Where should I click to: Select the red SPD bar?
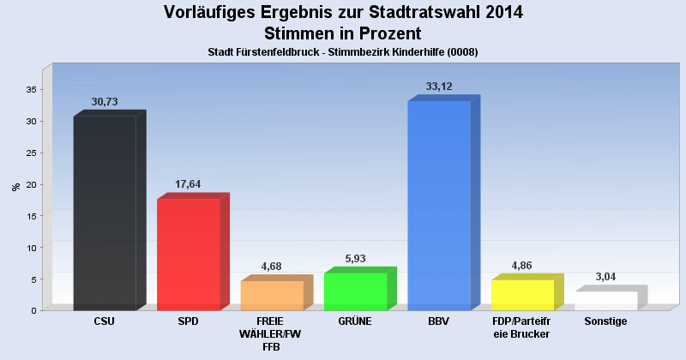coord(189,254)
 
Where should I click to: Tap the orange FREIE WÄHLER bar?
coord(272,295)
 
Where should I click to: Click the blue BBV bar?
coord(439,206)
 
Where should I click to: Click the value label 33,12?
coord(439,87)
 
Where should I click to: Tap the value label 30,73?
coord(105,101)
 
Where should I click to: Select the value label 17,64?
coord(189,184)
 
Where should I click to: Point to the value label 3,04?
coord(606,277)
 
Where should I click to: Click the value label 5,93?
coord(356,259)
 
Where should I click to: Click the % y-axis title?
coord(15,186)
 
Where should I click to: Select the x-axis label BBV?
coord(439,321)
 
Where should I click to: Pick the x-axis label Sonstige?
coord(605,321)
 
